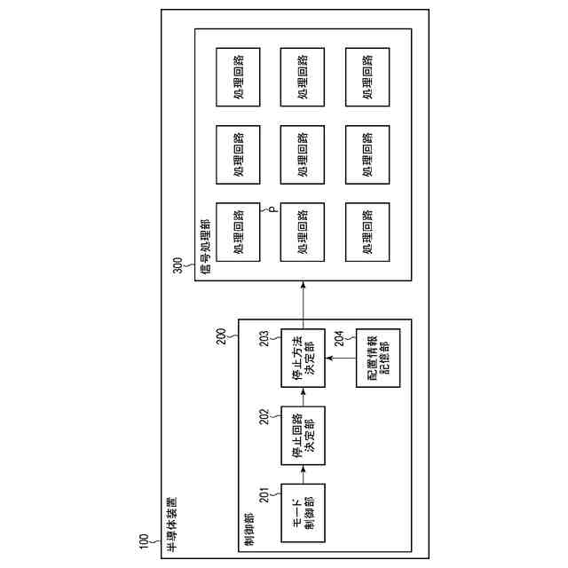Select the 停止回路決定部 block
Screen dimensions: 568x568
[302, 434]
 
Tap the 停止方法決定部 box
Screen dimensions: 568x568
[302, 357]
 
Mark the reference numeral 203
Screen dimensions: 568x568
[264, 339]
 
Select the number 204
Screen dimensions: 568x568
[340, 339]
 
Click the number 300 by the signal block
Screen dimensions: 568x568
[177, 265]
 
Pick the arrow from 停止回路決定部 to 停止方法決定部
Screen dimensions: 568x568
[302, 396]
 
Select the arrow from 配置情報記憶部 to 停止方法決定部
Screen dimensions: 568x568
[341, 357]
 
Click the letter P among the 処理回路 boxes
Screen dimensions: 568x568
[273, 210]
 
